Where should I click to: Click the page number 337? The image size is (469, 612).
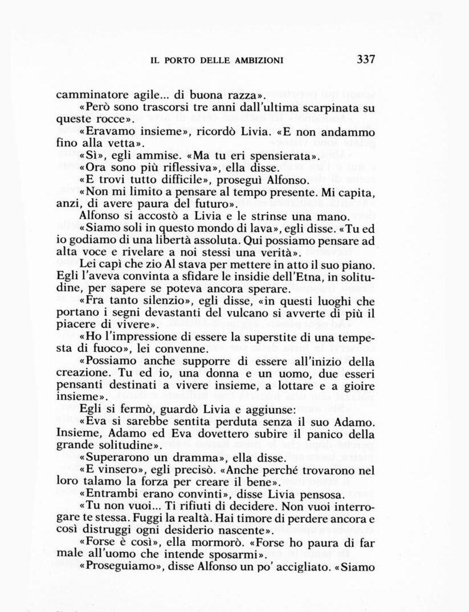(x=366, y=59)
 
